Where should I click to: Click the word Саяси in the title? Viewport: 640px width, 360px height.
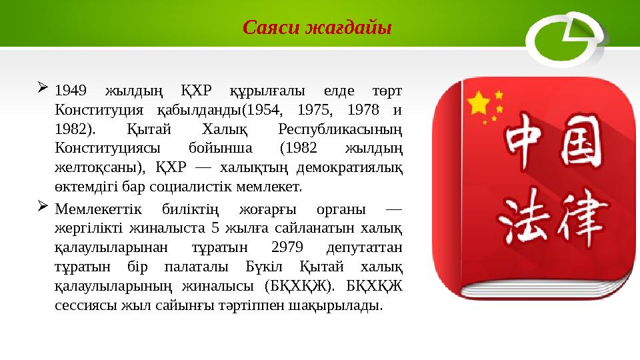[x=270, y=28]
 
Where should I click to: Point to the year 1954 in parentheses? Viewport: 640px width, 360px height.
[x=267, y=109]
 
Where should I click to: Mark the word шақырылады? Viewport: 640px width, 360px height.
[x=344, y=306]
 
